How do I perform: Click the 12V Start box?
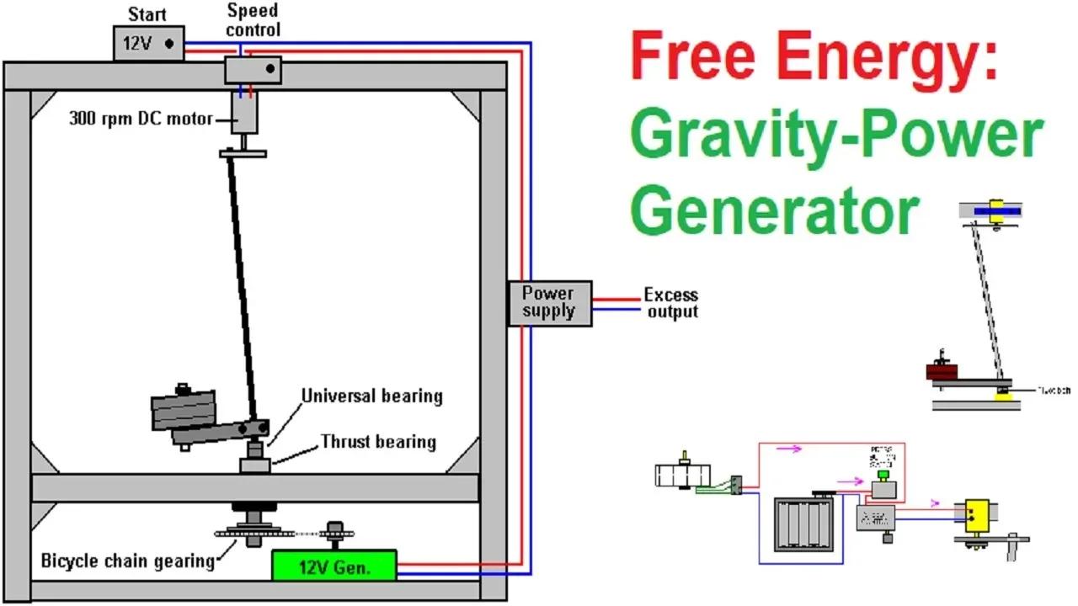point(148,43)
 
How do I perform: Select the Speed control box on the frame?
point(252,71)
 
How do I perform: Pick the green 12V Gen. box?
point(334,566)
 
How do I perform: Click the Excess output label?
point(671,304)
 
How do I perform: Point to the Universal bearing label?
point(371,396)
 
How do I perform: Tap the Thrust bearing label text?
point(377,442)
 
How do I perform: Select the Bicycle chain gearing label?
point(127,561)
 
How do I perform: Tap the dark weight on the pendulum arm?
point(183,412)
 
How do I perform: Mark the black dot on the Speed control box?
point(270,71)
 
